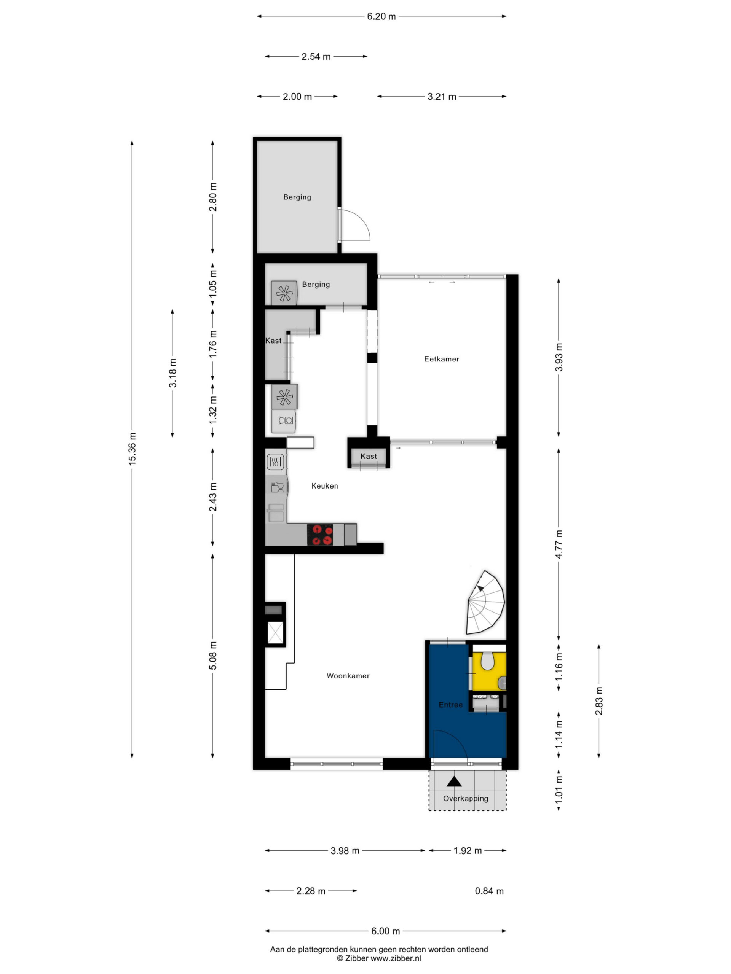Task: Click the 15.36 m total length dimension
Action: click(x=132, y=448)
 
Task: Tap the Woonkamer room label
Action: click(x=348, y=675)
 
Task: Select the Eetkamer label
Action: click(x=442, y=359)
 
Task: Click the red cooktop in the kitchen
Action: click(x=320, y=535)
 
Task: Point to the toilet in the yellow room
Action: click(x=487, y=661)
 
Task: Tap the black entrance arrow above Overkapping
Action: click(x=454, y=781)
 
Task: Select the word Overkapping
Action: click(x=465, y=798)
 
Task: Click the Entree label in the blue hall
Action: click(x=450, y=705)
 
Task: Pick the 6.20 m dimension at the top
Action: click(x=381, y=16)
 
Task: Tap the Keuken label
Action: click(x=325, y=486)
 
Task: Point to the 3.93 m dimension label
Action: click(x=559, y=357)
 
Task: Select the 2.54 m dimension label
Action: click(x=316, y=56)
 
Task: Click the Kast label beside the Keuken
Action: click(x=369, y=456)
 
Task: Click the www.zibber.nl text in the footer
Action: click(x=396, y=958)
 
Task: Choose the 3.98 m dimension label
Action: click(x=345, y=851)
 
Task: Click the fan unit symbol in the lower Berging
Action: click(x=284, y=292)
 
